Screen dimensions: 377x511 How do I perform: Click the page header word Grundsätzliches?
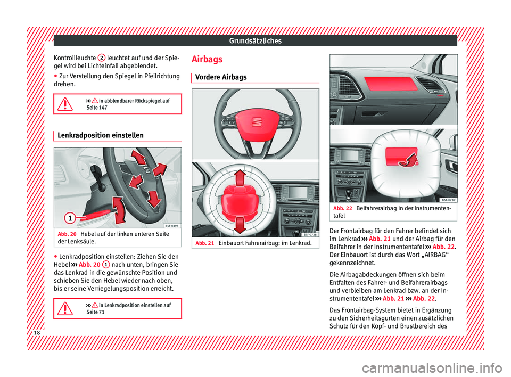(x=256, y=40)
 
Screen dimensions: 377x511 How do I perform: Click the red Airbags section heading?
(x=207, y=59)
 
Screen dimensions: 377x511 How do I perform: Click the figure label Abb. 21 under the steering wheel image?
(x=204, y=242)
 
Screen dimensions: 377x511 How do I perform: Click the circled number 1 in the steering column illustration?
(x=68, y=217)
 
